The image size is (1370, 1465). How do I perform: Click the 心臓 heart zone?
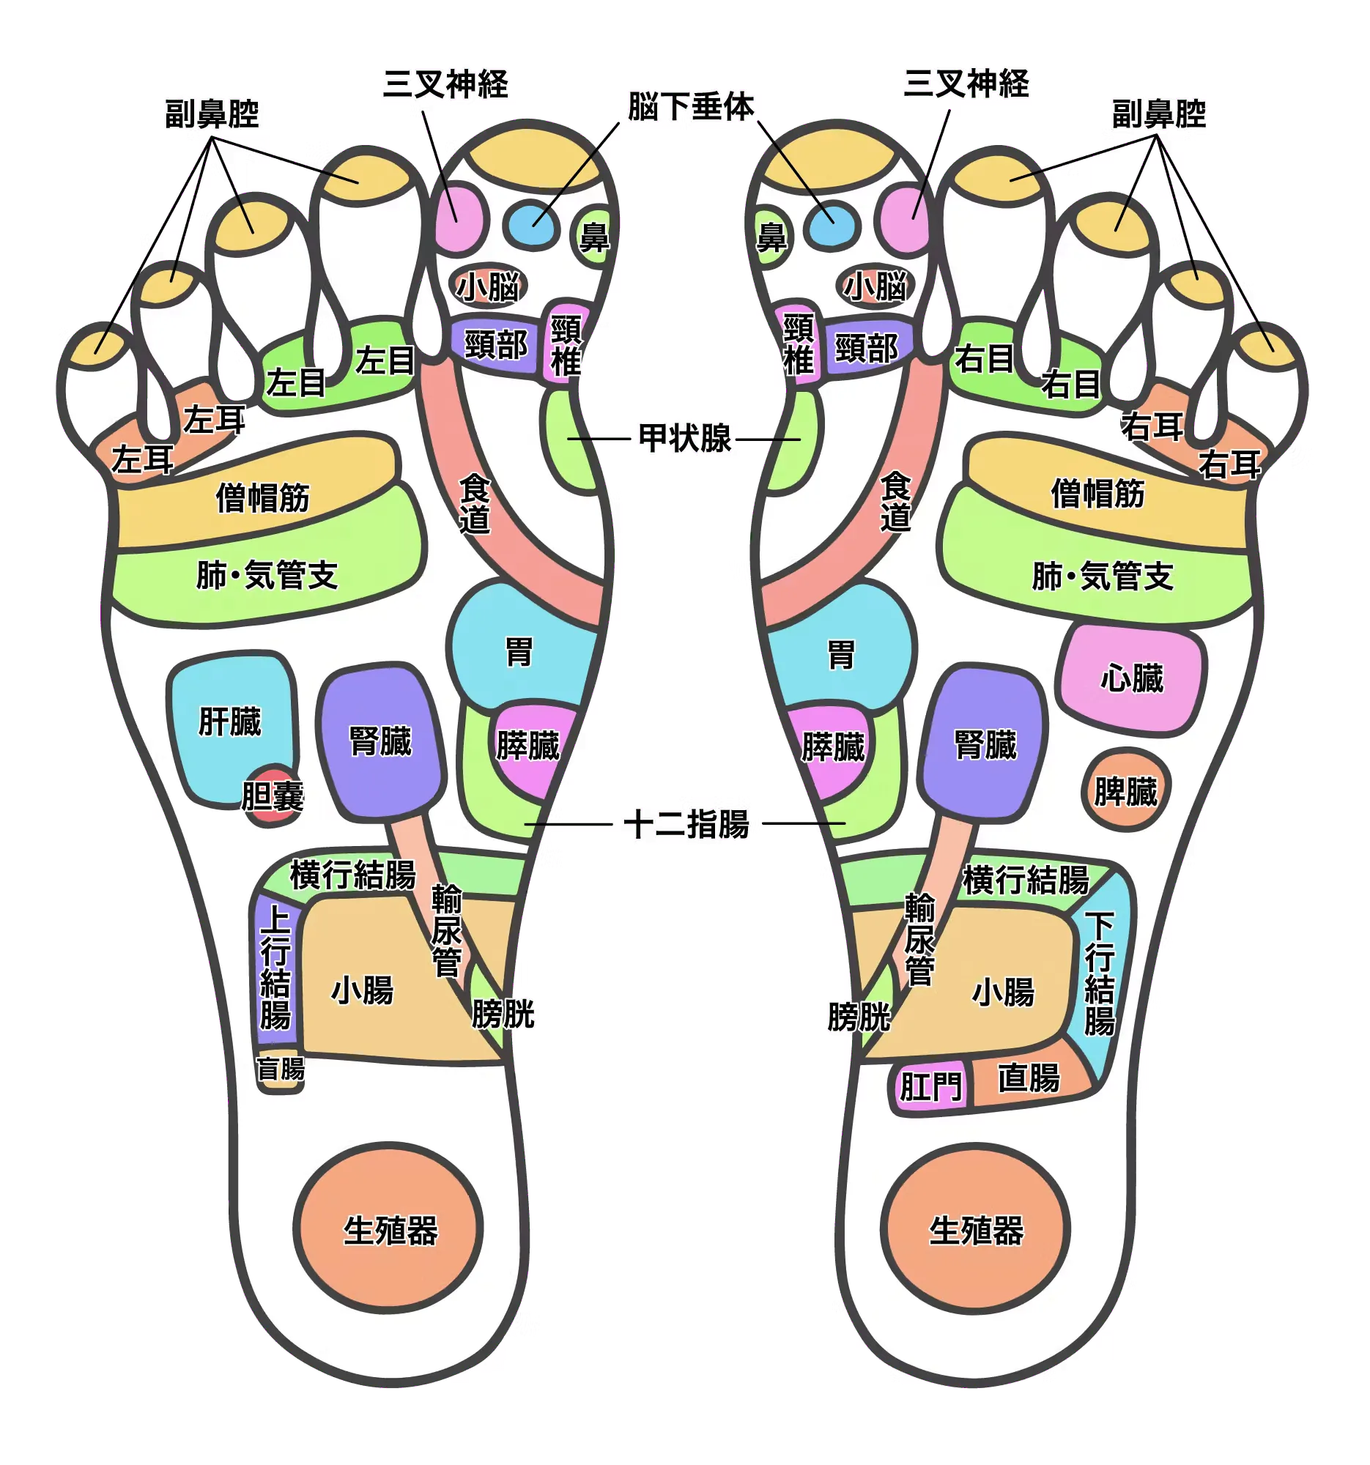(1131, 679)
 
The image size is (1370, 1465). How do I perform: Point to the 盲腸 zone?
(280, 1069)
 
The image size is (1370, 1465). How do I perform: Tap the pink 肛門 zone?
(930, 1086)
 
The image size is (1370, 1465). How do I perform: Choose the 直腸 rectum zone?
(1029, 1079)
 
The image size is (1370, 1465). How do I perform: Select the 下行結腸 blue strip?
(1100, 973)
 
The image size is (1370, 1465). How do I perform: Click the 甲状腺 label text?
(686, 439)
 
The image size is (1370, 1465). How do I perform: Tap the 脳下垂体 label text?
(691, 108)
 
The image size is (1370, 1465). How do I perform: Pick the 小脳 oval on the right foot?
(875, 286)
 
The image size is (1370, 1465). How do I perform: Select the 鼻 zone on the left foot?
(594, 237)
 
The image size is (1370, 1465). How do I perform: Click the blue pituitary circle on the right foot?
(831, 222)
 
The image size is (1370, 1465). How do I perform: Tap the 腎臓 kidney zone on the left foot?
(380, 741)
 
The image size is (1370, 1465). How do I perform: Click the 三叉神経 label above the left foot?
(447, 83)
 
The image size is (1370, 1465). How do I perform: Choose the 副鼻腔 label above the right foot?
(1158, 114)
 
